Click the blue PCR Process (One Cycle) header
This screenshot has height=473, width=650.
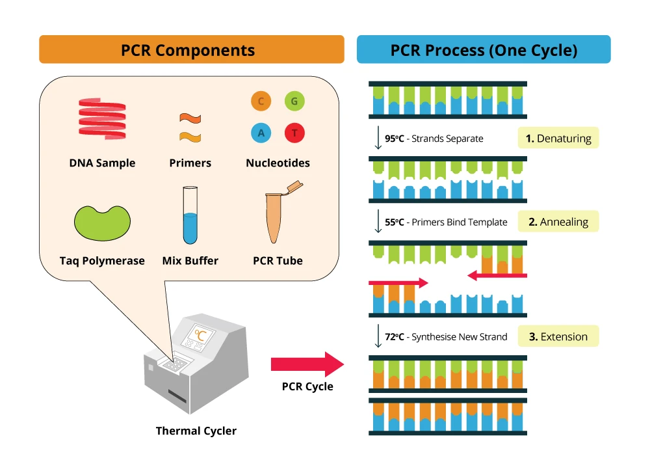[x=484, y=49]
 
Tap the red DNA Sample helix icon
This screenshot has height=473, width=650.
[x=102, y=118]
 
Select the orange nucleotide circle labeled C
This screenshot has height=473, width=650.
[x=261, y=101]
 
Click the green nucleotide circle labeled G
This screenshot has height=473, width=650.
[x=294, y=101]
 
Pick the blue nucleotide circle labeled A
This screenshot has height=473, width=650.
[x=261, y=133]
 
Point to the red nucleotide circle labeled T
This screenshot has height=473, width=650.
[x=294, y=133]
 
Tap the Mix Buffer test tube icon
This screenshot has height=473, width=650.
[x=190, y=215]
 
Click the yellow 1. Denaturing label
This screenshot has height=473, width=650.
[x=558, y=138]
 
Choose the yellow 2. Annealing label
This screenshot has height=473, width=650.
[x=558, y=221]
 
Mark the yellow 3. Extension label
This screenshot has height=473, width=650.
[x=558, y=336]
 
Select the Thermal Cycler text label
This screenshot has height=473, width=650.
[x=196, y=431]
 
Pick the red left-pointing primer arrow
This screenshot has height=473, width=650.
[x=497, y=276]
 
